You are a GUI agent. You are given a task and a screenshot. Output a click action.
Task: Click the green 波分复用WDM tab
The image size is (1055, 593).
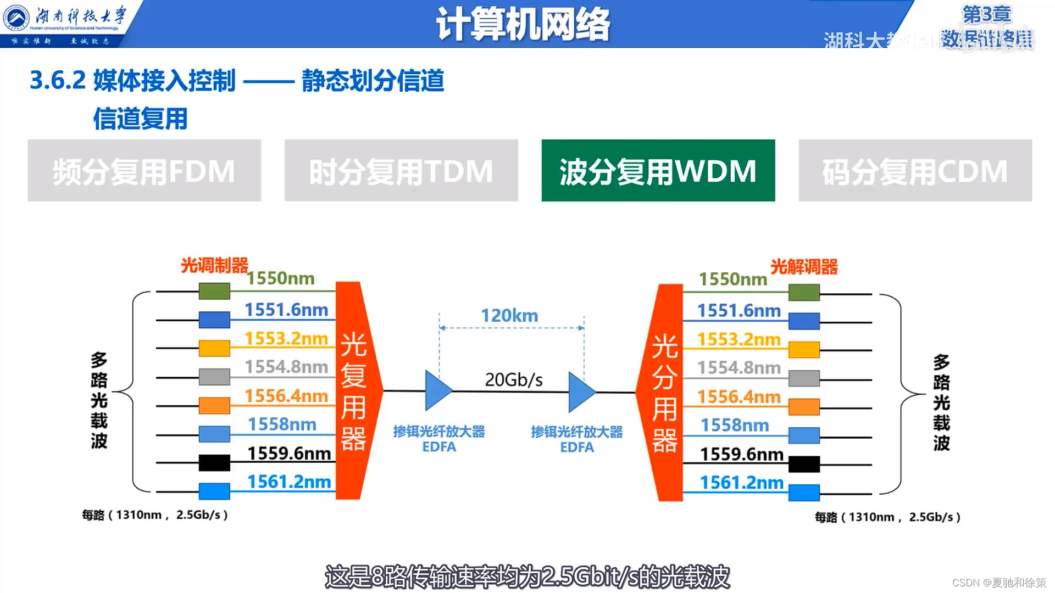658,170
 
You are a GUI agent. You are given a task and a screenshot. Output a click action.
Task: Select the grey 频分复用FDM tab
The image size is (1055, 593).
144,170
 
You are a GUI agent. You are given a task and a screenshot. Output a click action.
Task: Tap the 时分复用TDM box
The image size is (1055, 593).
401,170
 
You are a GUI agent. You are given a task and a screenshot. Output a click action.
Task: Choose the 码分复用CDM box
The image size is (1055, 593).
915,170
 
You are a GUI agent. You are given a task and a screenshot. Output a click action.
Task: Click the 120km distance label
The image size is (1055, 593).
509,316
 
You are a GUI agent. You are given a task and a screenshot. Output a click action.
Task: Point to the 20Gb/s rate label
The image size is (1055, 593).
514,379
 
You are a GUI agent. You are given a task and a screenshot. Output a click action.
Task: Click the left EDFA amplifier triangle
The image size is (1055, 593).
437,391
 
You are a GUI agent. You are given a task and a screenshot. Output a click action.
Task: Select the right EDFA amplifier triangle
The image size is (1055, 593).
581,392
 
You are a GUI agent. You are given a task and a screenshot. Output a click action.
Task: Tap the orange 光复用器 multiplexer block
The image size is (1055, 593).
354,391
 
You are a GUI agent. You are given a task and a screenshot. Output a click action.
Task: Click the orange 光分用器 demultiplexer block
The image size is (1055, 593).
664,392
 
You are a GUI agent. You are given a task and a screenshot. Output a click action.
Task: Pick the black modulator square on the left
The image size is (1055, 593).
214,463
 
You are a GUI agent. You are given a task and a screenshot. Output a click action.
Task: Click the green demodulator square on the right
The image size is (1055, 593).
804,292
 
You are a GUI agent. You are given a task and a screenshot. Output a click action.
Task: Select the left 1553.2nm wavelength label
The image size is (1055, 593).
286,338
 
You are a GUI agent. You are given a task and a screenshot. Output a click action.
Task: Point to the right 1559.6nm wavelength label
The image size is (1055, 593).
741,454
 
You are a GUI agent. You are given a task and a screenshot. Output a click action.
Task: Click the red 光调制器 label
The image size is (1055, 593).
214,265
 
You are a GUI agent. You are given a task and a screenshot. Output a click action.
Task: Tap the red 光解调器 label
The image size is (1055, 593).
804,267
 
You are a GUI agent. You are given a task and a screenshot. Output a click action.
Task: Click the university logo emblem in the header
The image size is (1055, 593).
16,18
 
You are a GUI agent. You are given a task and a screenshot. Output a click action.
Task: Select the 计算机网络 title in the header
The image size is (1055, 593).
523,24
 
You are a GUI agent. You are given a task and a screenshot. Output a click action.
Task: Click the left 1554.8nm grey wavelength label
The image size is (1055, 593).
286,366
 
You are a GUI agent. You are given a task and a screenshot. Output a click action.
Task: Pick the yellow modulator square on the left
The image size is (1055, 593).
214,348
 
